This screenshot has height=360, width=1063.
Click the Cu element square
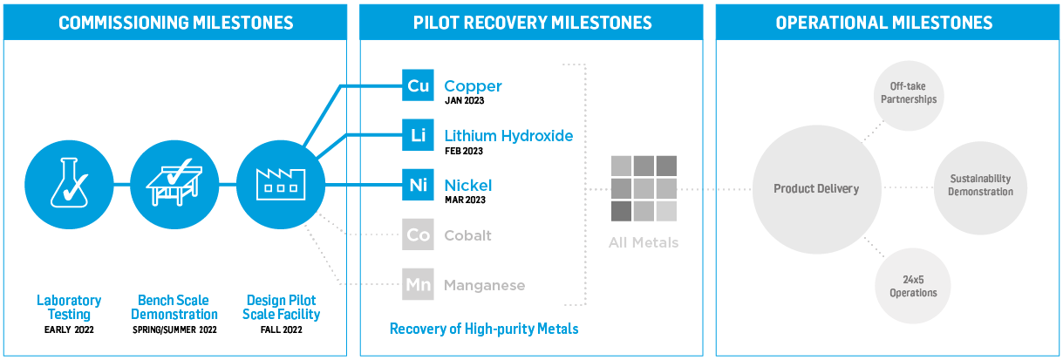[418, 85]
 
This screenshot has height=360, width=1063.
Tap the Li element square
[418, 135]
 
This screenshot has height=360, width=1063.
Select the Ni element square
[418, 185]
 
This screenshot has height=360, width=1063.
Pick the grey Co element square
[418, 234]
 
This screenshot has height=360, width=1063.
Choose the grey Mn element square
[418, 284]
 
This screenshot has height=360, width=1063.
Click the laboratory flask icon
[69, 183]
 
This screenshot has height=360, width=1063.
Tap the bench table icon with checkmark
[174, 182]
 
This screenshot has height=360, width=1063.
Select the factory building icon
[281, 184]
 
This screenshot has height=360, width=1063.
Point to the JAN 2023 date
[464, 100]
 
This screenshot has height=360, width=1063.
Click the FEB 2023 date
[464, 152]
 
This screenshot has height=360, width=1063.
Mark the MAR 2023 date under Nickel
[465, 200]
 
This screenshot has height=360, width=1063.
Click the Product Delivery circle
[817, 189]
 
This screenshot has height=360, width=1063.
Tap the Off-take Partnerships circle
[909, 95]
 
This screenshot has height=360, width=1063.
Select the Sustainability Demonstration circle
[980, 187]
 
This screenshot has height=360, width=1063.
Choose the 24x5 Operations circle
[913, 286]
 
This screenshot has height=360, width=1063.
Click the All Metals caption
[644, 242]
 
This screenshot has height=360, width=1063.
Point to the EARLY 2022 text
[69, 329]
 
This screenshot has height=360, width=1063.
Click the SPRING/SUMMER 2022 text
[174, 329]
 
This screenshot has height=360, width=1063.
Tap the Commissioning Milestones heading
[176, 23]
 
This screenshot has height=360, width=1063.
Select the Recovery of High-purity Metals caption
[484, 329]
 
